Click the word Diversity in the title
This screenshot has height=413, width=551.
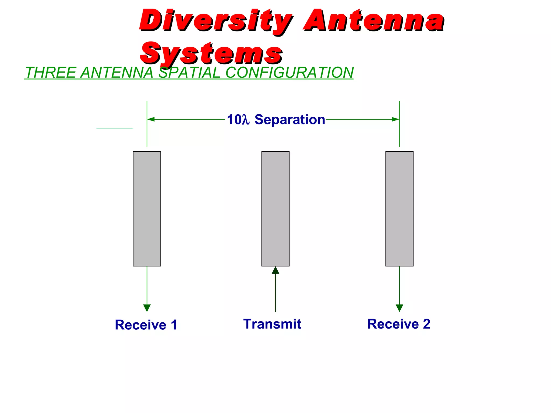pos(215,21)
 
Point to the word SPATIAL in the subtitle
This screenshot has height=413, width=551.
pos(189,73)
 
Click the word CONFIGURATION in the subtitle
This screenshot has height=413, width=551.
pos(289,73)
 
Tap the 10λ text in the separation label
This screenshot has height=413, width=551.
pos(238,119)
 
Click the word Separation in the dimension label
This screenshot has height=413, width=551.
pos(290,119)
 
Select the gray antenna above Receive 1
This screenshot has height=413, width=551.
pos(147,209)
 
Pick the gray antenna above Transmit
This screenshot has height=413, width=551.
pos(275,209)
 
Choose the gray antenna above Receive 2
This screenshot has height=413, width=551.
pos(399,209)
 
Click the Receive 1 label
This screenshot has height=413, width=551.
pos(146,325)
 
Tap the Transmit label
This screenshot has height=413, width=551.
pos(272,324)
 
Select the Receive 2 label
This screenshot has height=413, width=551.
pos(399,324)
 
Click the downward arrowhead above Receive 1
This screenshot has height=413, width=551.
pos(147,308)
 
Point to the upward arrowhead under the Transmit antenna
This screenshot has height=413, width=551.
pos(275,270)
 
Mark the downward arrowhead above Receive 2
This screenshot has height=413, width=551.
pos(400,308)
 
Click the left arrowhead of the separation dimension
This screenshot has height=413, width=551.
pos(151,119)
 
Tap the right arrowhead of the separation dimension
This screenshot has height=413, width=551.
pos(395,119)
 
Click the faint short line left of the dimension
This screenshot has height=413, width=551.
pos(115,129)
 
